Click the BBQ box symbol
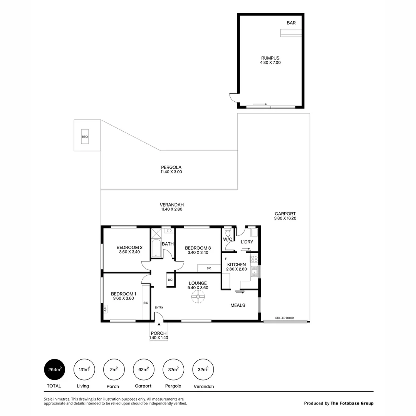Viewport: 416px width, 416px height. pos(85,137)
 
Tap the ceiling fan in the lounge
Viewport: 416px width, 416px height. pos(198,297)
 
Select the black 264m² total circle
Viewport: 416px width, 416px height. pos(55,370)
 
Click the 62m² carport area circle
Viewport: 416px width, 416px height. pos(143,370)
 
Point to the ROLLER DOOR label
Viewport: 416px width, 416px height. pos(284,318)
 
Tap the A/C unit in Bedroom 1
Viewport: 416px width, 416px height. pos(105,309)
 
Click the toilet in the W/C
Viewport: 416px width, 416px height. pos(228,233)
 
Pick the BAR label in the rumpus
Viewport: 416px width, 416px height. pos(291,23)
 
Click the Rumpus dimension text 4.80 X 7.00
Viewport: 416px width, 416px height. pos(271,62)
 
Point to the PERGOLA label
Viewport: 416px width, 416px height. pos(171,167)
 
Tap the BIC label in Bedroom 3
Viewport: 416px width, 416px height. pos(209,268)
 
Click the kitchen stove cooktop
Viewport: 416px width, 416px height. pos(254,259)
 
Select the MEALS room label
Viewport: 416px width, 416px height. pos(238,305)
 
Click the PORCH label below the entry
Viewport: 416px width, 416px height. pos(159,333)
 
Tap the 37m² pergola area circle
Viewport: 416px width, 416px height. pos(173,370)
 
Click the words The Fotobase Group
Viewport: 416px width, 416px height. pos(352,403)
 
